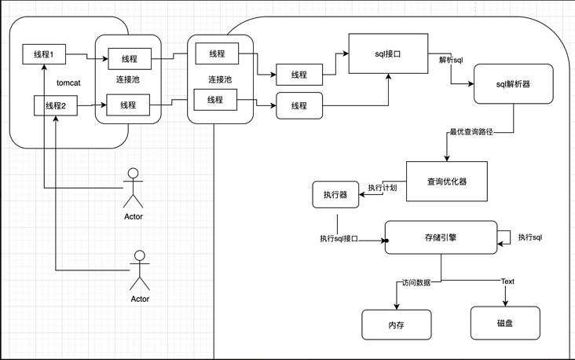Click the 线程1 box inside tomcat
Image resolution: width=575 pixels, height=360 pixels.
(x=43, y=55)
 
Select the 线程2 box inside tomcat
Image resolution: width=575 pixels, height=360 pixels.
(x=55, y=105)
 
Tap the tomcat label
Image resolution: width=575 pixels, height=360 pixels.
(x=69, y=83)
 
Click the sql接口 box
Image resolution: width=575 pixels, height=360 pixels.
(x=388, y=53)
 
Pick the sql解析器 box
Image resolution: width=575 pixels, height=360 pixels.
(x=513, y=83)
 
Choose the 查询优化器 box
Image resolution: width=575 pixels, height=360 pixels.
(x=446, y=182)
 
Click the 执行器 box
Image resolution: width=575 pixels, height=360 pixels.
(x=335, y=195)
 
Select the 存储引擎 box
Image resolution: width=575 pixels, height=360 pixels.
(x=441, y=237)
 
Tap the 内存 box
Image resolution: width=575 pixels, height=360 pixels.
(x=396, y=325)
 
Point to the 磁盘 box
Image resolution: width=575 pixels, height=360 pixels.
(x=505, y=323)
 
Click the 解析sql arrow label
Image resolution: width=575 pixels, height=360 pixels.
(x=450, y=61)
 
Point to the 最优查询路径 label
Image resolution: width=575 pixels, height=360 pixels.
(x=471, y=132)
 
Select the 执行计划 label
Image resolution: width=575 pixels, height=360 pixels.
(x=383, y=188)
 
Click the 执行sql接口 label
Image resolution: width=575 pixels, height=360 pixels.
(x=339, y=238)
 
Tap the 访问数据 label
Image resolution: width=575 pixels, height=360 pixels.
(x=416, y=282)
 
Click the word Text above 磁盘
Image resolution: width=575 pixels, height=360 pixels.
(x=507, y=281)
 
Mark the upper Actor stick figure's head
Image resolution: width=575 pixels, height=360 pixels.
(x=134, y=174)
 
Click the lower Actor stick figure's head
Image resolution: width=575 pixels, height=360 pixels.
(x=140, y=256)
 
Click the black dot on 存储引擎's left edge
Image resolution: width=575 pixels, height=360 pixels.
(x=386, y=240)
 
